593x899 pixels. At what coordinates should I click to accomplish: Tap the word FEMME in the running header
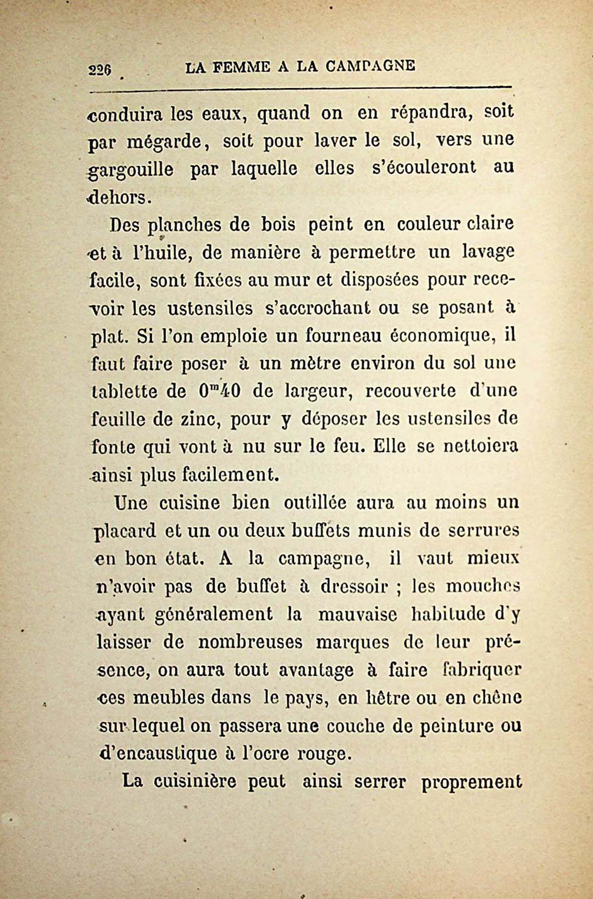pos(240,66)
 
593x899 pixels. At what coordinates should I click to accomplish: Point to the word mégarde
pos(163,143)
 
